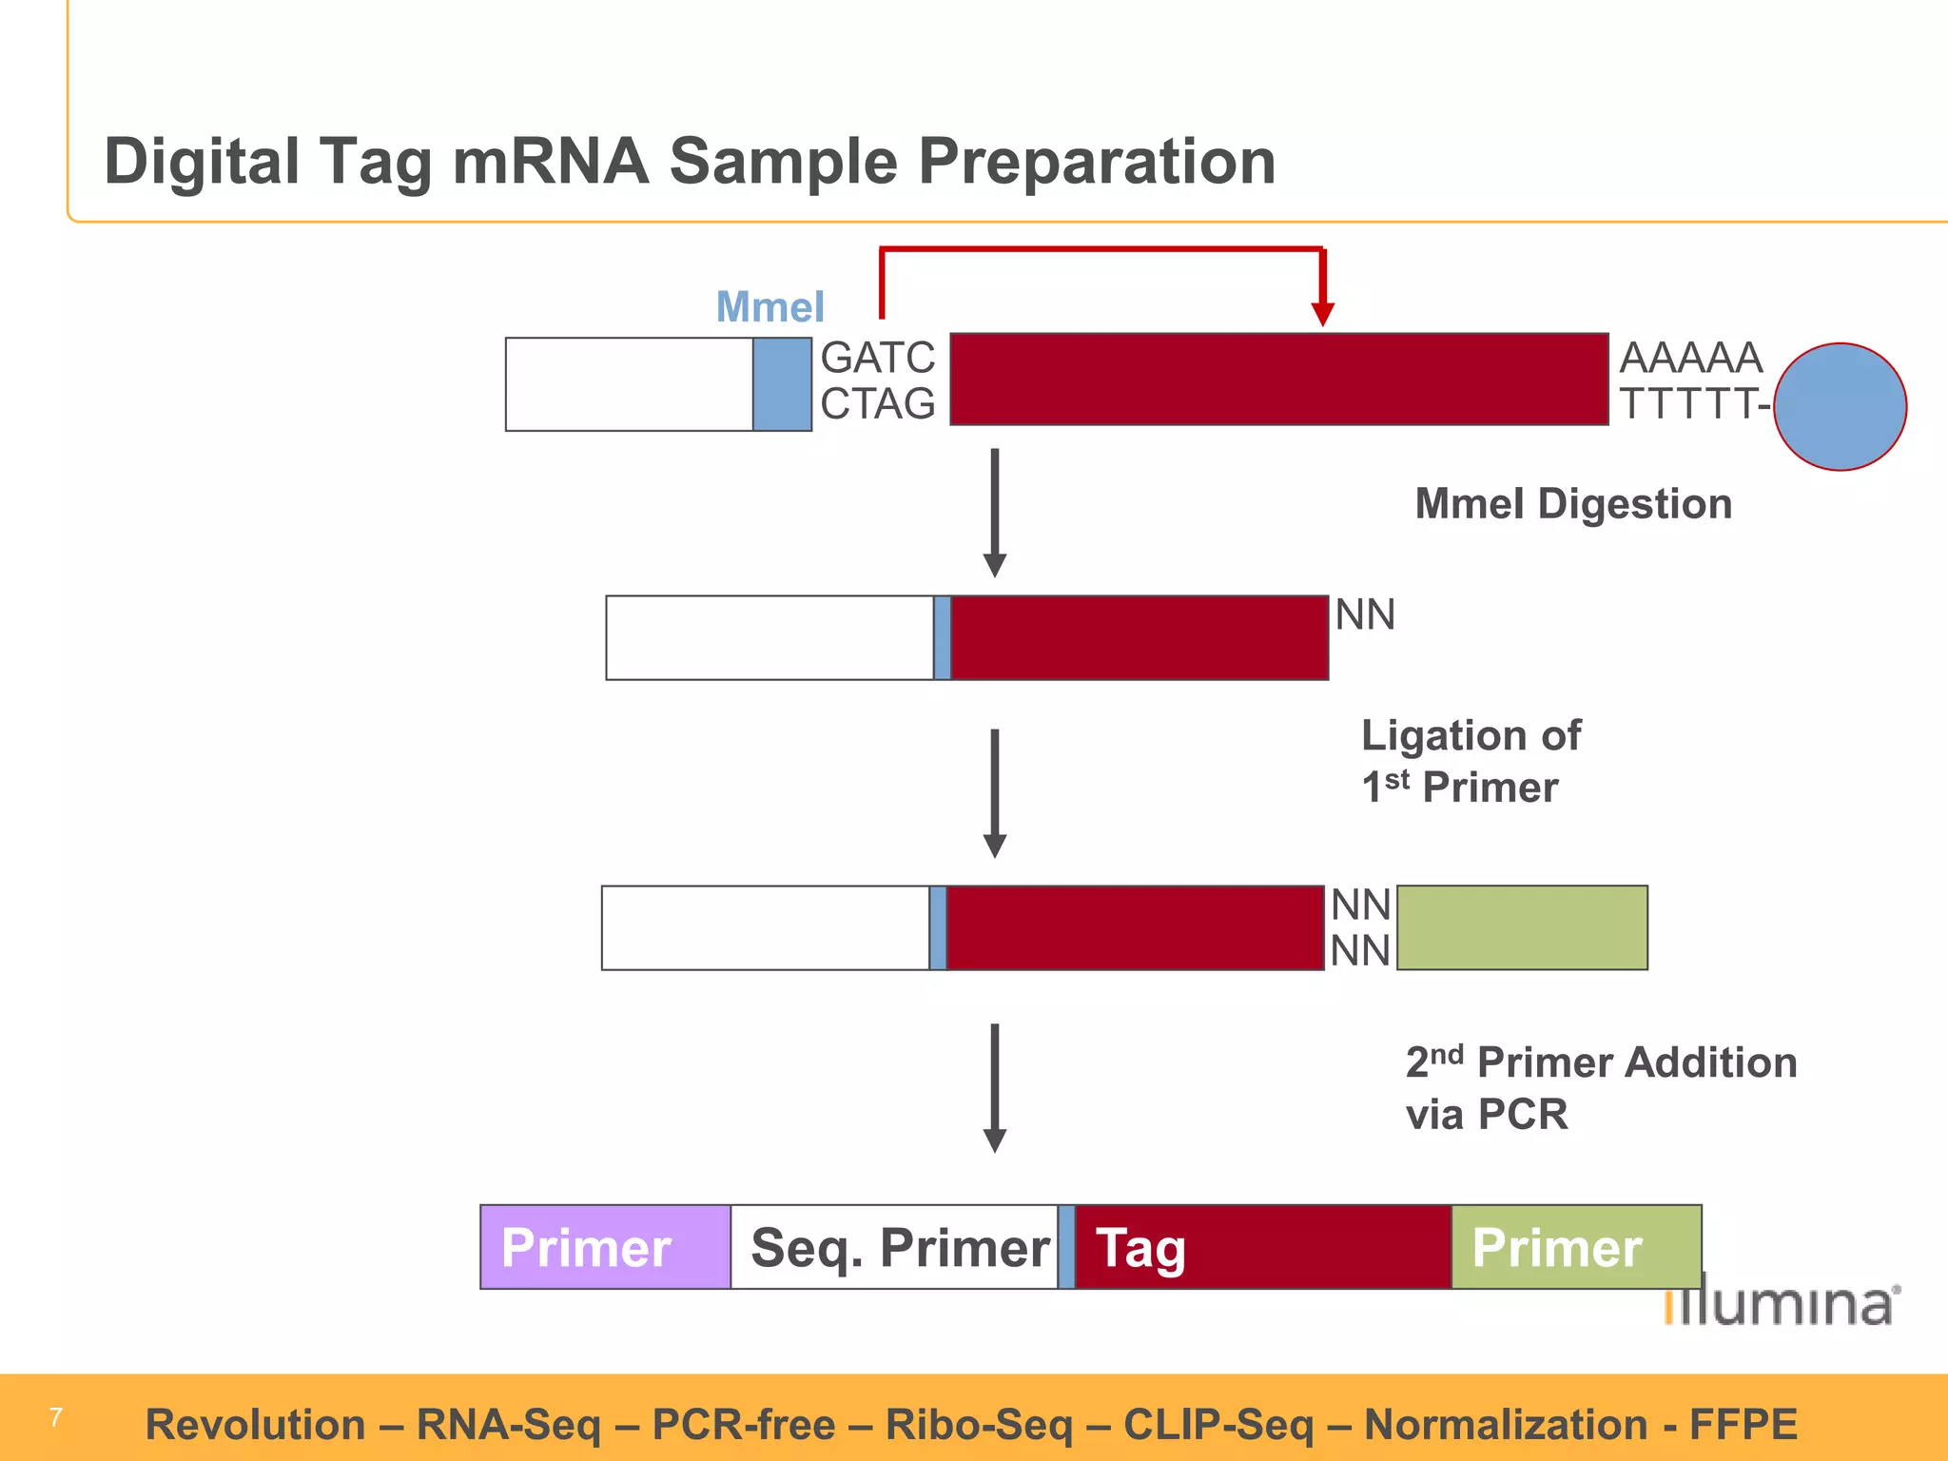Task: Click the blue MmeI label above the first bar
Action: point(769,307)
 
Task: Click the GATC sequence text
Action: point(877,358)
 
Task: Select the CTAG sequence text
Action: point(877,404)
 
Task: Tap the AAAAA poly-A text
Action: point(1691,358)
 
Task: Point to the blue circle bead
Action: point(1840,407)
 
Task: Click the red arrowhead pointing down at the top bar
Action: point(1322,314)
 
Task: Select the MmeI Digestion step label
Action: point(1573,503)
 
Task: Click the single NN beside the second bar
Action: point(1365,614)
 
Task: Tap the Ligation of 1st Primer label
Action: point(1471,761)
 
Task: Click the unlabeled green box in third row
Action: point(1522,927)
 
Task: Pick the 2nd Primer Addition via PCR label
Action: point(1601,1087)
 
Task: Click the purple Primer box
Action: point(605,1247)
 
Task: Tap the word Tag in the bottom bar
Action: point(1140,1248)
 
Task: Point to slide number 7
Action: point(56,1417)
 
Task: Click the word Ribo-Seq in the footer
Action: point(979,1425)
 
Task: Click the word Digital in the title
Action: point(201,161)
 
